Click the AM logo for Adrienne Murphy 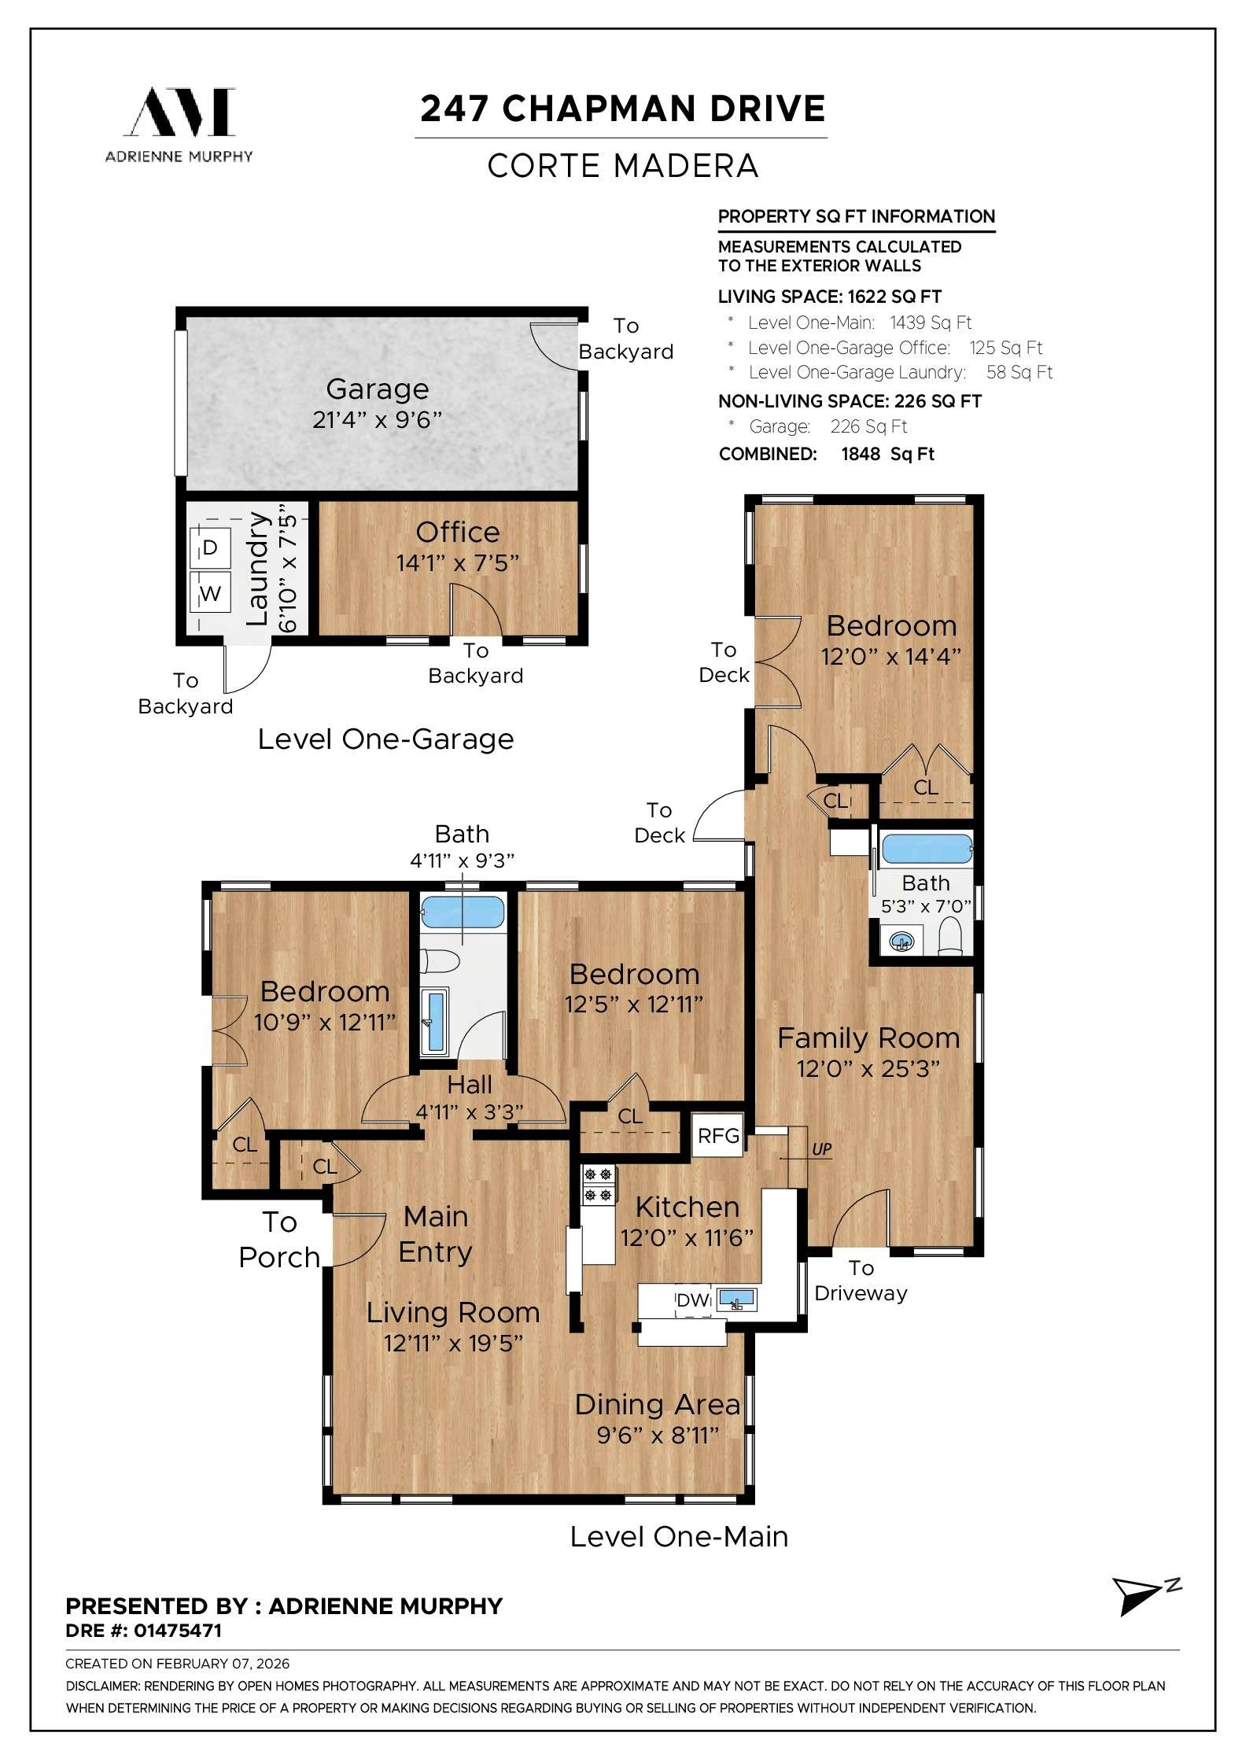(x=180, y=112)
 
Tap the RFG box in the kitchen (x=718, y=1135)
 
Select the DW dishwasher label (x=693, y=1300)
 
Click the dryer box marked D (x=209, y=547)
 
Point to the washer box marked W (x=209, y=593)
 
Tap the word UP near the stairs (x=821, y=1150)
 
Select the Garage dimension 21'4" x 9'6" (x=377, y=420)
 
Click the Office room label (x=457, y=533)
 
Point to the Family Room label (x=868, y=1038)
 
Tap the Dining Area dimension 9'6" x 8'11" (x=658, y=1436)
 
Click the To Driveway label (x=861, y=1280)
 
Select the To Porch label (x=279, y=1240)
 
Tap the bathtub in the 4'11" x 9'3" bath (x=463, y=913)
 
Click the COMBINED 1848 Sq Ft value (x=887, y=454)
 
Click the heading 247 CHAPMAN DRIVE (x=622, y=109)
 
